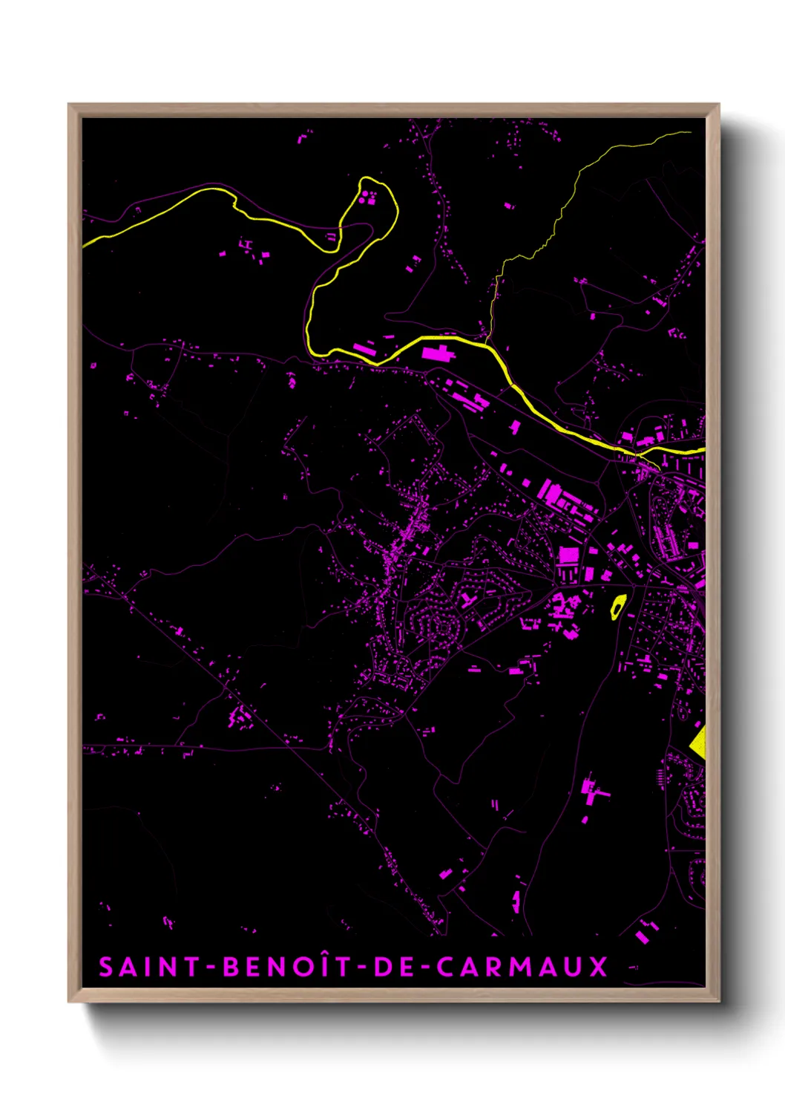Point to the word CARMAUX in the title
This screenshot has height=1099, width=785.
click(522, 967)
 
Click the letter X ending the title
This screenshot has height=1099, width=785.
click(598, 967)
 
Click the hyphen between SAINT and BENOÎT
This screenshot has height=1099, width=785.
click(211, 968)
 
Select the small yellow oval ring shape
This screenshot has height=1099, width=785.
click(617, 607)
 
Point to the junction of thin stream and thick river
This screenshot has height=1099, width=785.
click(487, 343)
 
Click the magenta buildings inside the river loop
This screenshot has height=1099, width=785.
click(367, 198)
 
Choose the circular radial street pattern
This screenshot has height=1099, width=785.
click(444, 628)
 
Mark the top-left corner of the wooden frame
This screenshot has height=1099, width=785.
click(69, 105)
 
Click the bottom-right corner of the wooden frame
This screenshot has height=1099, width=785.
click(718, 1001)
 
